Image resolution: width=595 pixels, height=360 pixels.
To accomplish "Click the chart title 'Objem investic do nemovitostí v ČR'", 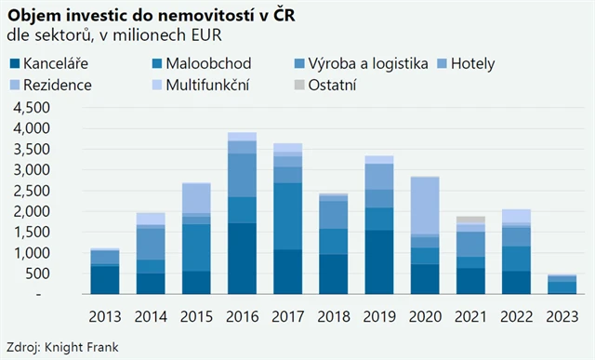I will pyautogui.click(x=159, y=15).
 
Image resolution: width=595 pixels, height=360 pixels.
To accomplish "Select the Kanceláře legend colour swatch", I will pyautogui.click(x=14, y=64).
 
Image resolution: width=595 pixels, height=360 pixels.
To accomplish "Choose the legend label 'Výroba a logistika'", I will pyautogui.click(x=367, y=64).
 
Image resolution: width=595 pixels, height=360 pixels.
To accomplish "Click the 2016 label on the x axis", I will pyautogui.click(x=241, y=317).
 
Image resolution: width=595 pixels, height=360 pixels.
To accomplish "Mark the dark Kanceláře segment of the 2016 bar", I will pyautogui.click(x=242, y=258).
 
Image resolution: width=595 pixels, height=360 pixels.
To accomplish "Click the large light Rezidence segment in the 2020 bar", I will pyautogui.click(x=424, y=206).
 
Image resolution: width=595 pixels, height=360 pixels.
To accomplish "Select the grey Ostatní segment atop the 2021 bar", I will pyautogui.click(x=469, y=220).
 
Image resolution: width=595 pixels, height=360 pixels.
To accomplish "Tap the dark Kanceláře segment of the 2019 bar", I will pyautogui.click(x=378, y=261).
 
